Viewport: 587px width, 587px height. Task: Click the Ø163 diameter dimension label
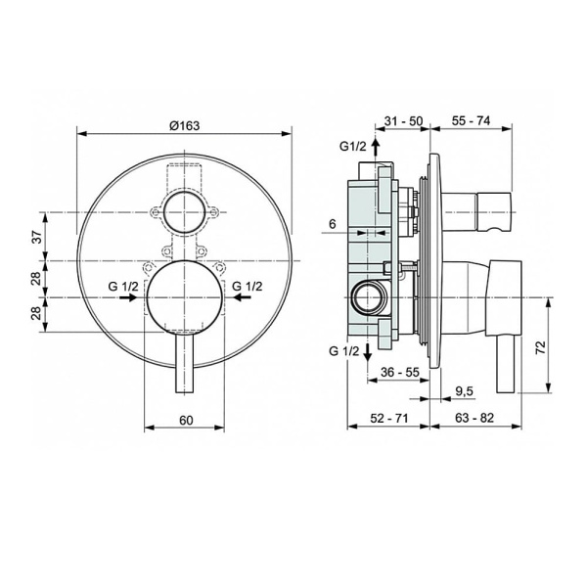click(185, 126)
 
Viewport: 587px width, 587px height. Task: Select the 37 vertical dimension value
click(37, 237)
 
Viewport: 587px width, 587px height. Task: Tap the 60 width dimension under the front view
click(186, 421)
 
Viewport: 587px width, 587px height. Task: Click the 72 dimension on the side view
click(541, 347)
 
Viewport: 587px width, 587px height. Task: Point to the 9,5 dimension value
click(465, 391)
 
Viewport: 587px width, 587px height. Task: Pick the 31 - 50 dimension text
click(404, 121)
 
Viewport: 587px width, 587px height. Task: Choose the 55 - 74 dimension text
click(471, 121)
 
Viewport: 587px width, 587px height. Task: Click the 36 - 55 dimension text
click(400, 372)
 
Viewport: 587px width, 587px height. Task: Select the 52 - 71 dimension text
click(389, 418)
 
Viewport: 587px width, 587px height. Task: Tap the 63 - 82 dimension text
click(474, 418)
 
